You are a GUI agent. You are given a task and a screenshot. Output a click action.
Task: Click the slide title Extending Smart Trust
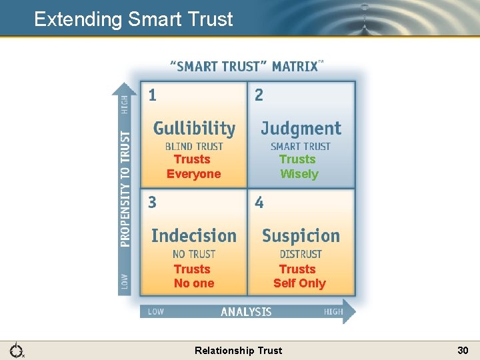[133, 19]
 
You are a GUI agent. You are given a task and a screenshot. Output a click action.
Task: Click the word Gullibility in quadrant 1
[194, 129]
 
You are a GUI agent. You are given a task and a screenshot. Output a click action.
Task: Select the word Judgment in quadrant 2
[301, 129]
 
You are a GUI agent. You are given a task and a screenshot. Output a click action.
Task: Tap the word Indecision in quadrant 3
[194, 235]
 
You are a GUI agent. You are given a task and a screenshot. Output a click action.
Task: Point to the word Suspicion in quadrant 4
[301, 235]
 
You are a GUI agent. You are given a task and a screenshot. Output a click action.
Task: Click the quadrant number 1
[153, 95]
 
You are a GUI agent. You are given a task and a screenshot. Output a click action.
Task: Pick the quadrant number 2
[259, 95]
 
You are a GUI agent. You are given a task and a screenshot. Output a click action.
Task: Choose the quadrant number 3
[153, 202]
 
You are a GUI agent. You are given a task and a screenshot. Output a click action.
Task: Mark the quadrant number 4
[259, 202]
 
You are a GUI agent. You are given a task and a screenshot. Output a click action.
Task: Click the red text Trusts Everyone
[193, 167]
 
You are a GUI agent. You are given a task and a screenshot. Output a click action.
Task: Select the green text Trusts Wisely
[299, 167]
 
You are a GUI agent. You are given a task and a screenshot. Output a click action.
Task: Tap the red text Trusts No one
[193, 276]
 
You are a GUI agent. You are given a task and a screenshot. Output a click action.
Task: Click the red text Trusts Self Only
[299, 276]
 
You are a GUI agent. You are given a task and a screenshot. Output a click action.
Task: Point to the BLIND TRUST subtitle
[194, 147]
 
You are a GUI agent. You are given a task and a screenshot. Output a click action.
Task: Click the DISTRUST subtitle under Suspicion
[301, 254]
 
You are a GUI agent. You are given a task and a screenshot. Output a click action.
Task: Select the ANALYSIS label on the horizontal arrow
[246, 311]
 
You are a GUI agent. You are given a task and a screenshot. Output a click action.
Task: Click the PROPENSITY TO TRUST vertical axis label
[125, 189]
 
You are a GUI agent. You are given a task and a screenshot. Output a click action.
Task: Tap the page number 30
[463, 350]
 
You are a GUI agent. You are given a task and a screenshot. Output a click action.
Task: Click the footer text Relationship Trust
[238, 350]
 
